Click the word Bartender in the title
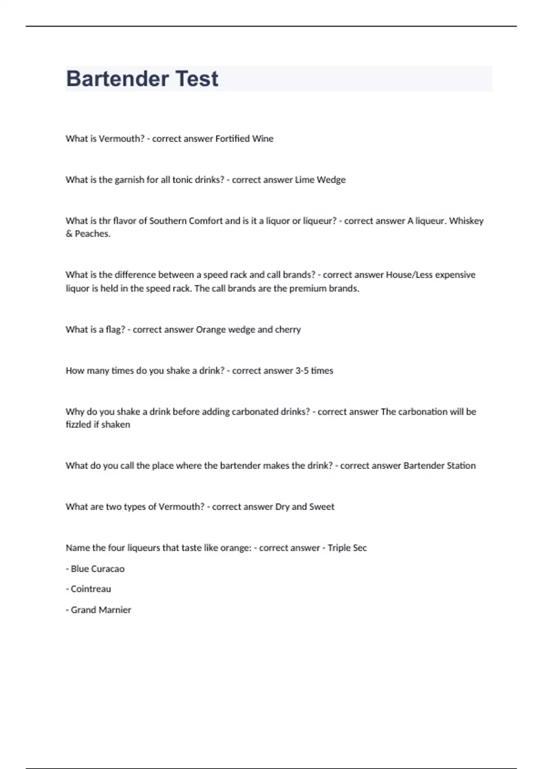[117, 79]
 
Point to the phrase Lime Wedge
[320, 180]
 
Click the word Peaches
[92, 234]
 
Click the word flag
[115, 329]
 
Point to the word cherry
[288, 329]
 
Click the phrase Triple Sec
[347, 548]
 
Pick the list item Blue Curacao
[97, 569]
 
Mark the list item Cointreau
[90, 589]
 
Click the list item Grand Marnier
[101, 610]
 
